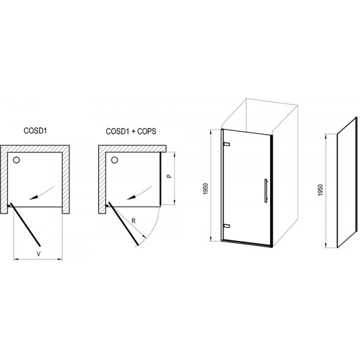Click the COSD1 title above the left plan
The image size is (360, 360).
pyautogui.click(x=35, y=131)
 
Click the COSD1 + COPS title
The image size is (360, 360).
pyautogui.click(x=131, y=131)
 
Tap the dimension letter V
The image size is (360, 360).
pyautogui.click(x=39, y=254)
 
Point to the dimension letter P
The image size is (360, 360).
pyautogui.click(x=169, y=176)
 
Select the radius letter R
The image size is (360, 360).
pyautogui.click(x=133, y=221)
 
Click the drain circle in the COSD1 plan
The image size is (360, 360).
pyautogui.click(x=16, y=160)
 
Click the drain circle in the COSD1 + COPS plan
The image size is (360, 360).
pyautogui.click(x=115, y=160)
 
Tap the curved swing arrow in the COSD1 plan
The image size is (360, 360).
pyautogui.click(x=42, y=193)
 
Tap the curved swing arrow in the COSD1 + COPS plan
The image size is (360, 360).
pyautogui.click(x=140, y=193)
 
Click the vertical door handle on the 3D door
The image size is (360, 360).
pyautogui.click(x=266, y=191)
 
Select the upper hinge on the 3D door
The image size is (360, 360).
pyautogui.click(x=226, y=144)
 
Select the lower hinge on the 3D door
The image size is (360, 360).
pyautogui.click(x=226, y=226)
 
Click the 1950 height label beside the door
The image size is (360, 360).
pyautogui.click(x=206, y=189)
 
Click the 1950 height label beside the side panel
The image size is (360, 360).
pyautogui.click(x=321, y=190)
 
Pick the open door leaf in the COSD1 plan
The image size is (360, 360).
pyautogui.click(x=25, y=224)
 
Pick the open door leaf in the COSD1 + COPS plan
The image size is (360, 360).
pyautogui.click(x=123, y=224)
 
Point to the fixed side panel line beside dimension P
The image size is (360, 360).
pyautogui.click(x=160, y=178)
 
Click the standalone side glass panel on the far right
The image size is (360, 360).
pyautogui.click(x=347, y=182)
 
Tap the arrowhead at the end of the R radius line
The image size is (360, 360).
pyautogui.click(x=145, y=236)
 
